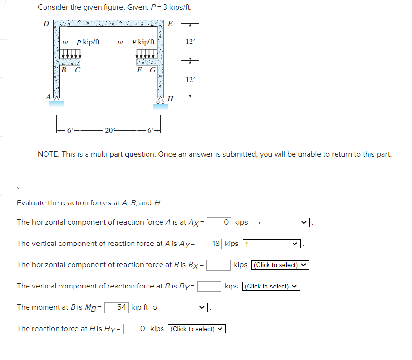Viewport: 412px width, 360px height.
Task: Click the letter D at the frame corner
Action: click(x=46, y=23)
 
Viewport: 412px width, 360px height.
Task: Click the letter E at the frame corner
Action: click(x=170, y=24)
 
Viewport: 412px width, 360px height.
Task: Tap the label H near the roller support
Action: click(x=170, y=100)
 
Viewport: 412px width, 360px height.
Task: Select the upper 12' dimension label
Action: click(x=191, y=42)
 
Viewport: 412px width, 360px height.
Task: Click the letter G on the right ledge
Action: click(x=152, y=70)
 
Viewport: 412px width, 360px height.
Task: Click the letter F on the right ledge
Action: click(x=140, y=70)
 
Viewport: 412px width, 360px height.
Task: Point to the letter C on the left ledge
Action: click(x=77, y=70)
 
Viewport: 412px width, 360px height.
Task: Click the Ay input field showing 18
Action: click(x=210, y=244)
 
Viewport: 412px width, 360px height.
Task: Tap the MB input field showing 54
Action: click(x=117, y=307)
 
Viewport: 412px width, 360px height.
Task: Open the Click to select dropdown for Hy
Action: click(x=197, y=329)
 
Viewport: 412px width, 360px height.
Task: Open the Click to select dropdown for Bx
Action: click(x=280, y=265)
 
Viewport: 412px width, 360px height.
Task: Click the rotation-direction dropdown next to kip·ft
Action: click(x=179, y=308)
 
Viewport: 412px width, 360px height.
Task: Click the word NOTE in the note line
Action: click(x=47, y=155)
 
